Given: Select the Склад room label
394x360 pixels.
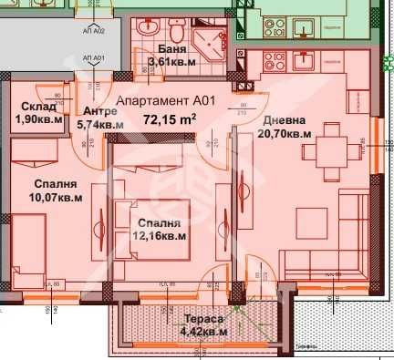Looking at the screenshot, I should (37, 107).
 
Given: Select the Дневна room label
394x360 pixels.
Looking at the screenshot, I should (285, 120).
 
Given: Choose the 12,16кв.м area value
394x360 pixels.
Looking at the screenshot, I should (161, 236).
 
